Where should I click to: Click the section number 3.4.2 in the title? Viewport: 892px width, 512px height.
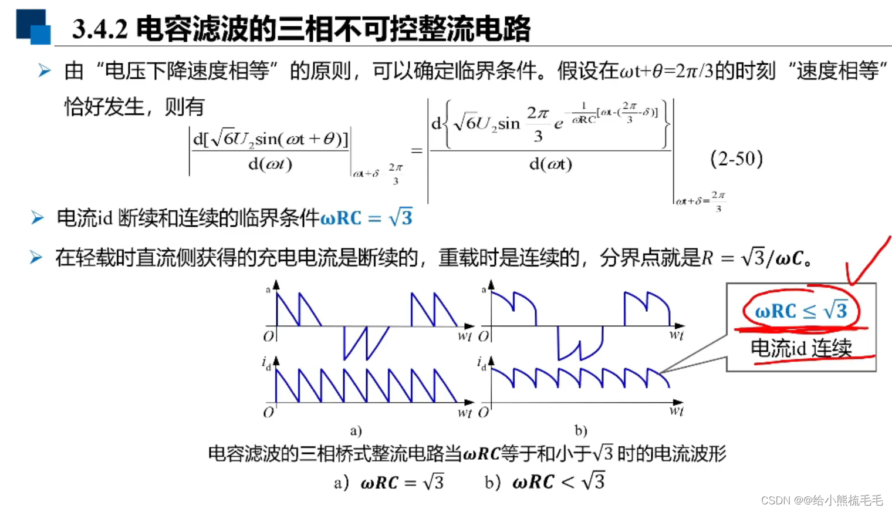tap(100, 29)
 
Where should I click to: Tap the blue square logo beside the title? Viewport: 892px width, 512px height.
tap(33, 26)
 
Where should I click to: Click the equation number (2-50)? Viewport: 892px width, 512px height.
tap(736, 159)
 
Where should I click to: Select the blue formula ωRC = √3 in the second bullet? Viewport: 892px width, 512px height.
tap(366, 218)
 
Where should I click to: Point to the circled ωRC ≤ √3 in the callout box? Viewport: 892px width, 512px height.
tap(801, 310)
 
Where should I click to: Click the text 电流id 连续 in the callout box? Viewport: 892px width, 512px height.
tap(801, 348)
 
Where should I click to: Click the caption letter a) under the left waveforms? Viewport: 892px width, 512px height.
tap(356, 430)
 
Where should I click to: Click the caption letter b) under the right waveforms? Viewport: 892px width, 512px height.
tap(580, 430)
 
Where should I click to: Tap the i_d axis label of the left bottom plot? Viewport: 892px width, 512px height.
tap(266, 363)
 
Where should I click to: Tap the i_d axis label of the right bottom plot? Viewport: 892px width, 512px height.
tap(481, 363)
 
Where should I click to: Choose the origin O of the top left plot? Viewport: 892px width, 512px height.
tap(268, 336)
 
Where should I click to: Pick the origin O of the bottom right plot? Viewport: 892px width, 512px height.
tap(483, 412)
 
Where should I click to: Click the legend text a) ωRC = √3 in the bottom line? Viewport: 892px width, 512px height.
tap(388, 483)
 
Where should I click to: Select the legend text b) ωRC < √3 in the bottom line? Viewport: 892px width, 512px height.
tap(545, 482)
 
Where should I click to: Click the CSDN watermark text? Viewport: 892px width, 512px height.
tap(822, 500)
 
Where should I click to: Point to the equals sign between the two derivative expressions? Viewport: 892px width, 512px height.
tap(417, 151)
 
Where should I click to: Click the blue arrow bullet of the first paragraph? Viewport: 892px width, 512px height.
tap(44, 71)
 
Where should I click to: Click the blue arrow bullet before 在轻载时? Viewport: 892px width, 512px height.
tap(36, 257)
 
